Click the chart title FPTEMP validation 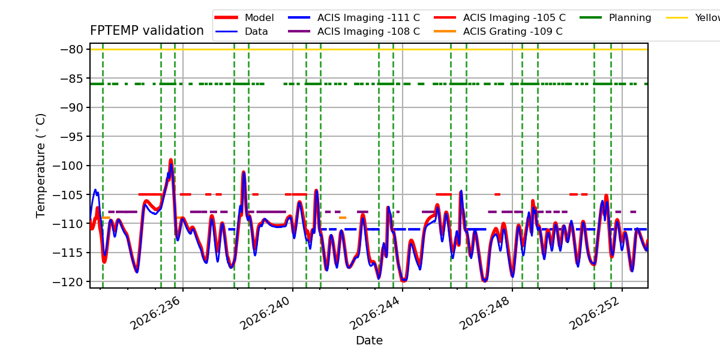147,31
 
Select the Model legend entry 244,17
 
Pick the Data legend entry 241,31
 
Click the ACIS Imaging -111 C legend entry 354,17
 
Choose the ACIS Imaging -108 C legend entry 354,31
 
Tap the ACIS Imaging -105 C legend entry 500,17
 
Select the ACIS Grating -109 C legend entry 498,31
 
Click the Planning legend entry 616,17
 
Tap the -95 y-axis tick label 71,137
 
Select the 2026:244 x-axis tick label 375,313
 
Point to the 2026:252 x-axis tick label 595,313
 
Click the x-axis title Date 369,340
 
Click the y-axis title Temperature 41,166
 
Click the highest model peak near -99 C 170,160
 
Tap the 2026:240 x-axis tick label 265,313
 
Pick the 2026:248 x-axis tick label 485,313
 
